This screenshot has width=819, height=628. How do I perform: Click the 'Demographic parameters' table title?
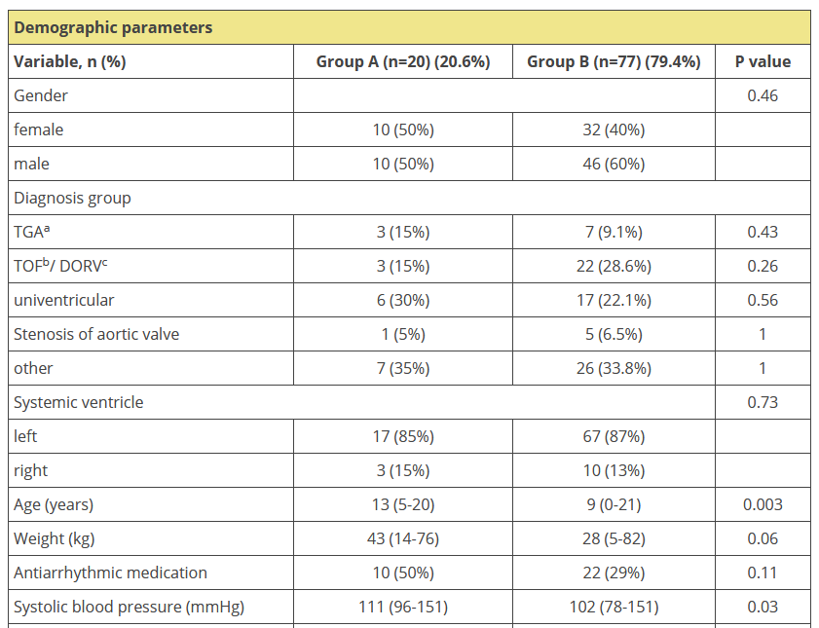pyautogui.click(x=113, y=27)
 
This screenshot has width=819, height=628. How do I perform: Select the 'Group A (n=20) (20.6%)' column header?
pyautogui.click(x=402, y=62)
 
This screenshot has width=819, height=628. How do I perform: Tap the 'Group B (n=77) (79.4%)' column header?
pyautogui.click(x=614, y=62)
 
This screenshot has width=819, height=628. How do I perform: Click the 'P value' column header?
pyautogui.click(x=763, y=62)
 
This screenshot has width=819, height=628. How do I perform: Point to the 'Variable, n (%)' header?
pyautogui.click(x=70, y=62)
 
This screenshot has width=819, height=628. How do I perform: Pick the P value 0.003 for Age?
pyautogui.click(x=763, y=504)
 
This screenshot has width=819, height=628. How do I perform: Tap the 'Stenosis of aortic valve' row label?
pyautogui.click(x=96, y=334)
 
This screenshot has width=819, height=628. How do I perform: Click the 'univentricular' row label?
pyautogui.click(x=61, y=300)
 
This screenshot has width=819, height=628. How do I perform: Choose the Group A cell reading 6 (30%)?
pyautogui.click(x=402, y=300)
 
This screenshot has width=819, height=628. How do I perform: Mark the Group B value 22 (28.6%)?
pyautogui.click(x=614, y=266)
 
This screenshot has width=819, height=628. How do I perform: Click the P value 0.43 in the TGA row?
pyautogui.click(x=763, y=232)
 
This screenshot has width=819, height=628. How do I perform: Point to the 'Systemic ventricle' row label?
pyautogui.click(x=79, y=402)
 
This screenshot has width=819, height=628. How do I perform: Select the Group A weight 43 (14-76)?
pyautogui.click(x=402, y=538)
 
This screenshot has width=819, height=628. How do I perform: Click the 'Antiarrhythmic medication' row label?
pyautogui.click(x=110, y=573)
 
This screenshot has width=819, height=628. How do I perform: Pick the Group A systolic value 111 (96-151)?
pyautogui.click(x=402, y=607)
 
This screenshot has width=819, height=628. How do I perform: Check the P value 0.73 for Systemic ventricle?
pyautogui.click(x=763, y=402)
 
